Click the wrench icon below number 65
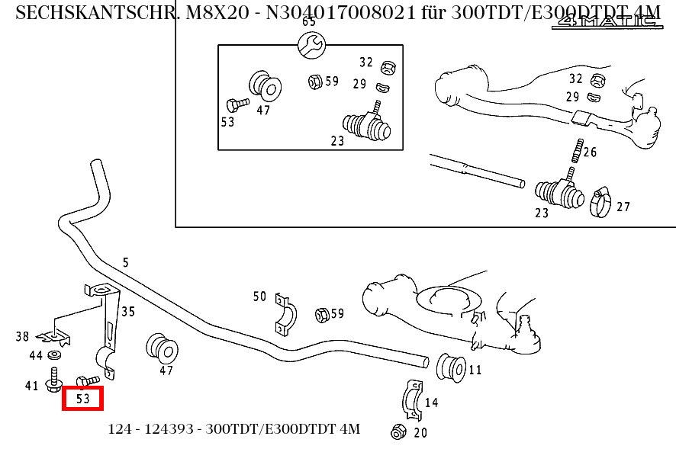click(312, 45)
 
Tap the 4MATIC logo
click(607, 21)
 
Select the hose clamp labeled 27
click(600, 201)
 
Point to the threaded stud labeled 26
click(577, 150)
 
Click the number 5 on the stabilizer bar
click(126, 263)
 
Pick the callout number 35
click(128, 311)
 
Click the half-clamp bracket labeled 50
click(284, 314)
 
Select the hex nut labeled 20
click(397, 431)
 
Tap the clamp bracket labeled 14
click(411, 399)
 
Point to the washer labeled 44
click(55, 355)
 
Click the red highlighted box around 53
click(82, 398)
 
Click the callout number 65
click(309, 21)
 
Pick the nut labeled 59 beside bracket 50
click(321, 313)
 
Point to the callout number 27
click(623, 207)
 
